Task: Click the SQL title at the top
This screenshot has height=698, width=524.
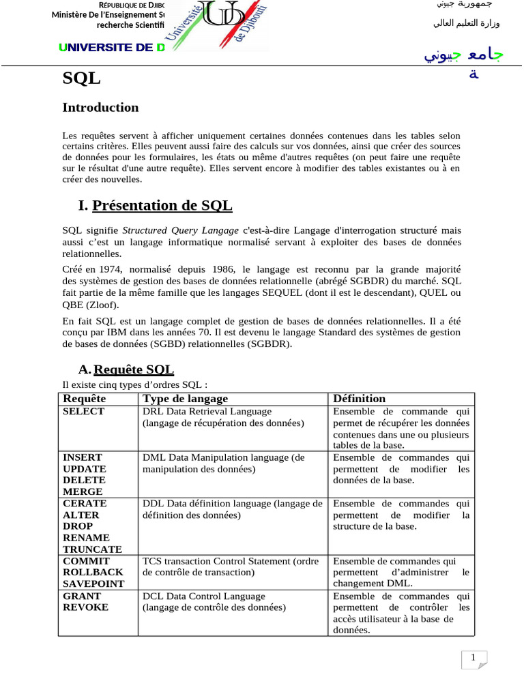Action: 81,79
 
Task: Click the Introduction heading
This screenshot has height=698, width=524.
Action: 100,108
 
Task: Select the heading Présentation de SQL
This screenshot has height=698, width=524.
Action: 162,205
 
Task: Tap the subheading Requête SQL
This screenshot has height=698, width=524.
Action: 133,369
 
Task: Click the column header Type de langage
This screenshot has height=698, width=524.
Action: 185,399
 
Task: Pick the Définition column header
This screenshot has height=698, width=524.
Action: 359,399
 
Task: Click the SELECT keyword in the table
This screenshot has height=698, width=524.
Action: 83,412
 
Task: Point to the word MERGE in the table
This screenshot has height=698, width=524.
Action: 83,491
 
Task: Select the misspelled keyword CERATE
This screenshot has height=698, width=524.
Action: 85,503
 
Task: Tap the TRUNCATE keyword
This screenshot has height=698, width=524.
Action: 92,549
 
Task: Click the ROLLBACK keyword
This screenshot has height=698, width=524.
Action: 93,573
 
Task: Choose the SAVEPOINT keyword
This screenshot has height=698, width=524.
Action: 93,584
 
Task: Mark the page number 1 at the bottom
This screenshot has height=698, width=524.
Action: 473,658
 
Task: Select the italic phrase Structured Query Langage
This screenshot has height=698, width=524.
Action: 180,230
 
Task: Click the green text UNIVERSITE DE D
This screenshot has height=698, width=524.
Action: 112,48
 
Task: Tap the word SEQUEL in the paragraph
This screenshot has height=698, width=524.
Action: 286,293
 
